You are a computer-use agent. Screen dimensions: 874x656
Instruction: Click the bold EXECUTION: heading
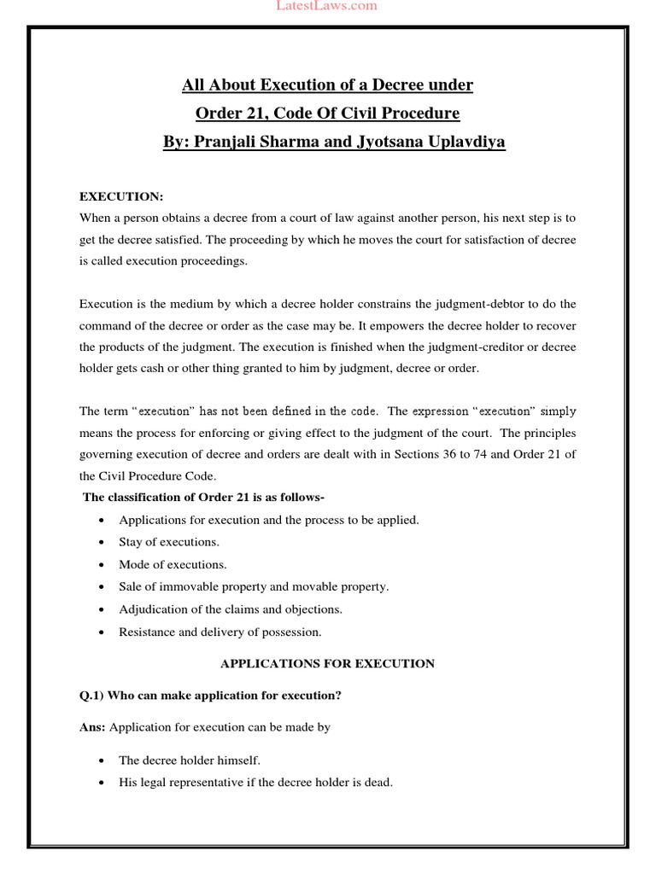click(x=121, y=196)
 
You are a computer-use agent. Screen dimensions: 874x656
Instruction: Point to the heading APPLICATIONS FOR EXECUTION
click(x=328, y=663)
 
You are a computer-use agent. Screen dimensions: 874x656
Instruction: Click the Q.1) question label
click(x=92, y=696)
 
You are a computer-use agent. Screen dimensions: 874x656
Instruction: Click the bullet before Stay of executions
click(x=102, y=543)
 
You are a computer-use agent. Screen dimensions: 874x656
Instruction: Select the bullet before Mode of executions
click(x=102, y=565)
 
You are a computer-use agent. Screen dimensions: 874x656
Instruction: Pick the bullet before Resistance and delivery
click(x=102, y=632)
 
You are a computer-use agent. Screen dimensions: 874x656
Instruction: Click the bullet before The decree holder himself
click(x=102, y=760)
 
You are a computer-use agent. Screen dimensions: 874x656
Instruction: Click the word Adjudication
click(x=155, y=609)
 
